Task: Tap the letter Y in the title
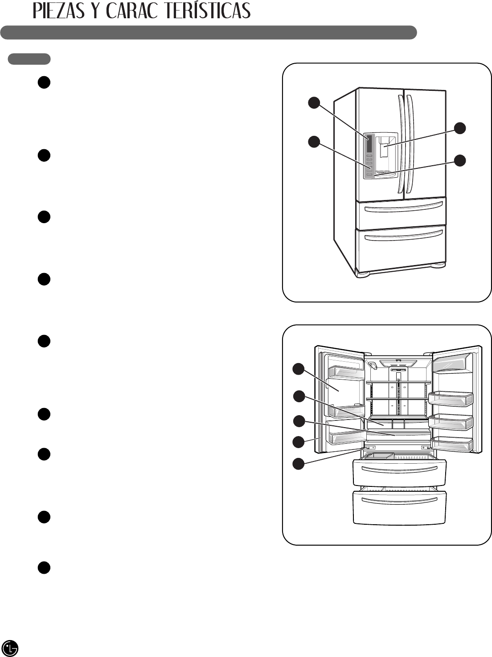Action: coord(97,11)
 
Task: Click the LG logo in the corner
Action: coord(10,648)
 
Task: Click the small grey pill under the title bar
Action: coord(29,59)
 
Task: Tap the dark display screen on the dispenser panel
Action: coord(369,143)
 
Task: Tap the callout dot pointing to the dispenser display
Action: coord(314,103)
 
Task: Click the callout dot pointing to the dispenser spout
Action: coord(460,128)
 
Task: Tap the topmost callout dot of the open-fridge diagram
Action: coord(298,369)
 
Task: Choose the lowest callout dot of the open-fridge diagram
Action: coord(298,464)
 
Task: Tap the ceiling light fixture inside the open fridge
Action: coord(398,362)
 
